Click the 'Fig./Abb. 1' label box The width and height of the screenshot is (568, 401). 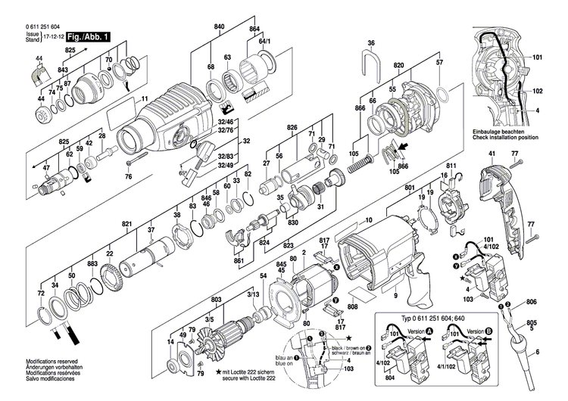pos(89,36)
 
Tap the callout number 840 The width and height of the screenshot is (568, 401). pos(220,27)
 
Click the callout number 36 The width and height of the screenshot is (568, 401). pos(371,42)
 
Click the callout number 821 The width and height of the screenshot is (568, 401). pos(126,225)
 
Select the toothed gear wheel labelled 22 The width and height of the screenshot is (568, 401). pos(112,278)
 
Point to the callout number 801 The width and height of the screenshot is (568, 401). pos(410,188)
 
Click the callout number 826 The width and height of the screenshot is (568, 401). pos(292,128)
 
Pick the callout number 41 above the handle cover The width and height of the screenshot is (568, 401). pos(491,154)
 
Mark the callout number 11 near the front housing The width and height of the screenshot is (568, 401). pos(145,99)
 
